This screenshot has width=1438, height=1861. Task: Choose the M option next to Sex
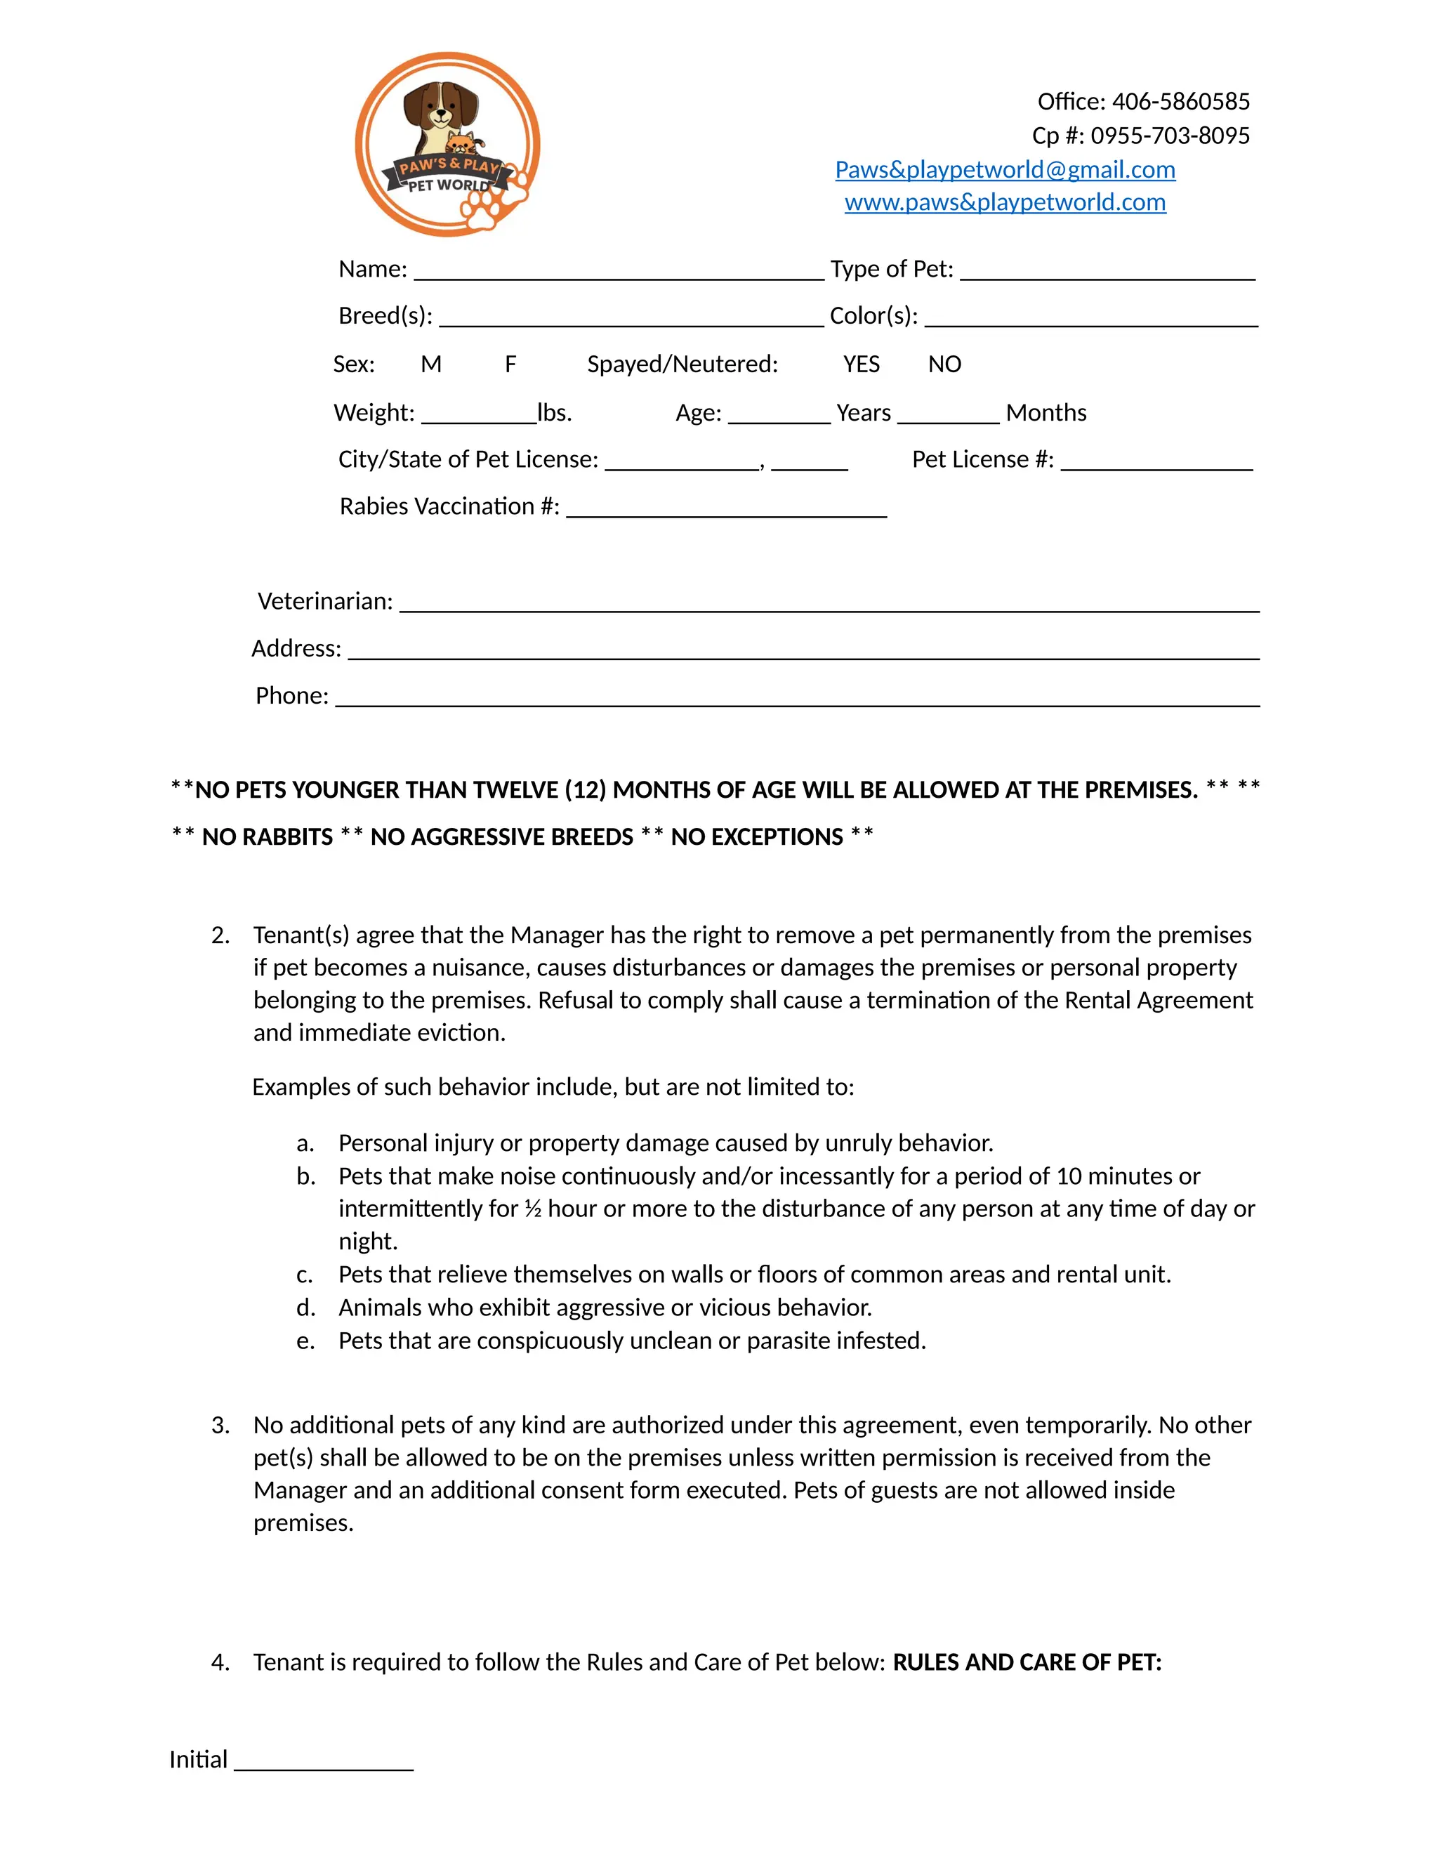point(431,364)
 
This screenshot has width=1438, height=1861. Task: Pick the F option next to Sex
point(510,364)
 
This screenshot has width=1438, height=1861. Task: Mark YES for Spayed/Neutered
point(862,364)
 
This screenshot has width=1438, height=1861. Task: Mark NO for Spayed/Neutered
point(945,364)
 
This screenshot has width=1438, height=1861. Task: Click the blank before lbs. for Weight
point(479,415)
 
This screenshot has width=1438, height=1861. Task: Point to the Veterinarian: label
point(324,602)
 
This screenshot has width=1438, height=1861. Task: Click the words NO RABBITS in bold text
point(267,837)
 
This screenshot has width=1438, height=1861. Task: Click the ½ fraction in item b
point(532,1209)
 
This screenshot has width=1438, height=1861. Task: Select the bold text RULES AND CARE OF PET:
point(1027,1662)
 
